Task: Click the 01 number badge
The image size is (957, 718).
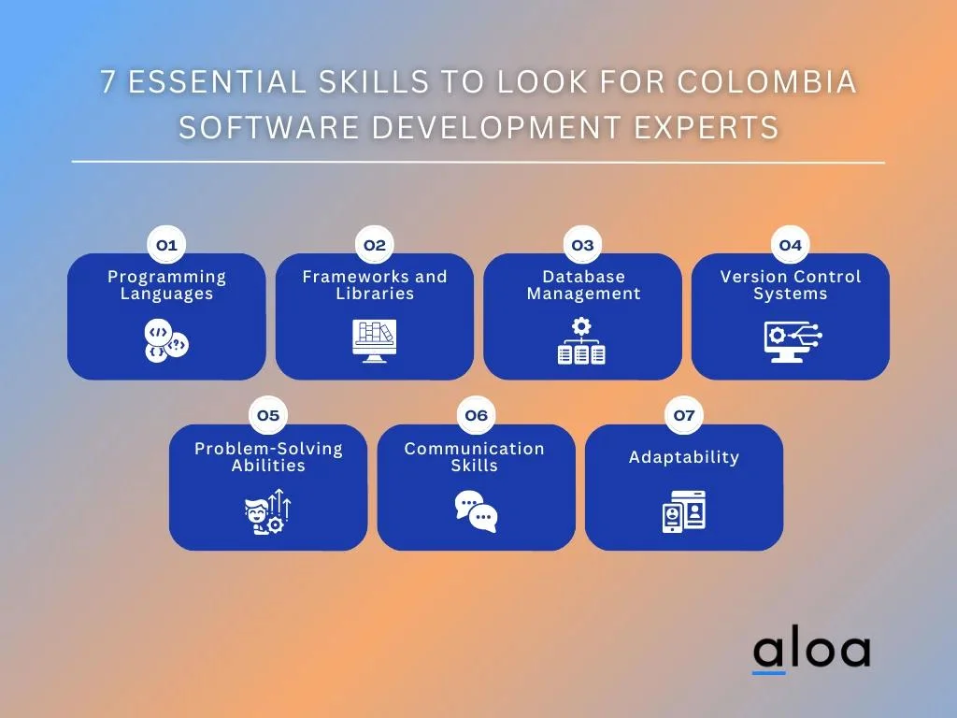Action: [x=166, y=245]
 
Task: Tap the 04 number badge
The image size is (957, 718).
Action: [x=791, y=245]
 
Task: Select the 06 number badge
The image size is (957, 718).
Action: [x=476, y=415]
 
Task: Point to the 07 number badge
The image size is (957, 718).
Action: [x=684, y=415]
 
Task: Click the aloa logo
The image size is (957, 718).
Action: [x=811, y=653]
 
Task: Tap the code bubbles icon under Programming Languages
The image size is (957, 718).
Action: [x=166, y=340]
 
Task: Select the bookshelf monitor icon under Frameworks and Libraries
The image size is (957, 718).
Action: [x=374, y=340]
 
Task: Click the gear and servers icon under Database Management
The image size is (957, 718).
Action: [x=581, y=340]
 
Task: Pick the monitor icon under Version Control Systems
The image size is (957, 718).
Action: [x=793, y=341]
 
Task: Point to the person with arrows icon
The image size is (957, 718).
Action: [x=268, y=511]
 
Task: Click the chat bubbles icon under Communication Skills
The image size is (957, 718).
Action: [x=476, y=511]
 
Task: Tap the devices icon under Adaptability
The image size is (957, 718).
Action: [x=684, y=511]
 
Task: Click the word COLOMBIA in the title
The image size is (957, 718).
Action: [x=766, y=82]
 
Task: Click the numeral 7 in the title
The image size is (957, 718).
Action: [x=108, y=82]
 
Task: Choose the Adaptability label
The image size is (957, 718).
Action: [x=684, y=456]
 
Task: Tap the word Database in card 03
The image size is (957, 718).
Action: [x=584, y=277]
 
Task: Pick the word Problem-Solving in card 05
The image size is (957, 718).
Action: [x=268, y=449]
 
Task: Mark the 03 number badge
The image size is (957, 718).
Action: [x=582, y=245]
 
